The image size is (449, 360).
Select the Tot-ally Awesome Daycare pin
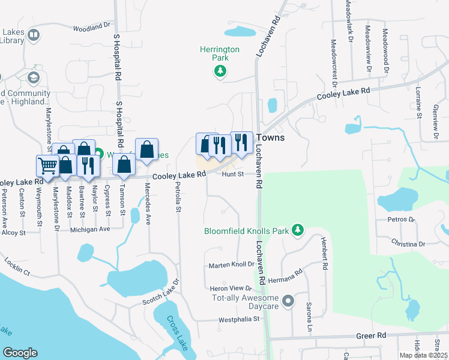pyautogui.click(x=289, y=301)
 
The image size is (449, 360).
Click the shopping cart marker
pyautogui.click(x=47, y=165)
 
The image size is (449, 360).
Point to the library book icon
pyautogui.click(x=33, y=36)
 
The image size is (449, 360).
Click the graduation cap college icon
pyautogui.click(x=33, y=78)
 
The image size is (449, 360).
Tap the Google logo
pyautogui.click(x=20, y=353)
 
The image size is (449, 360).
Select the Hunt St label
pyautogui.click(x=232, y=175)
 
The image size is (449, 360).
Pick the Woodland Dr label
pyautogui.click(x=92, y=28)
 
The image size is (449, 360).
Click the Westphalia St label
pyautogui.click(x=238, y=319)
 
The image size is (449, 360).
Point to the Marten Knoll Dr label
pyautogui.click(x=231, y=265)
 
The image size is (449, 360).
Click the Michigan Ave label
pyautogui.click(x=90, y=229)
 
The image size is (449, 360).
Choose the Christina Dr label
pyautogui.click(x=408, y=244)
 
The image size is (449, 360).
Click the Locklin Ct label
pyautogui.click(x=17, y=266)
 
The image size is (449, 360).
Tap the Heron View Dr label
pyautogui.click(x=231, y=289)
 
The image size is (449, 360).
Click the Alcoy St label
pyautogui.click(x=13, y=232)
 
